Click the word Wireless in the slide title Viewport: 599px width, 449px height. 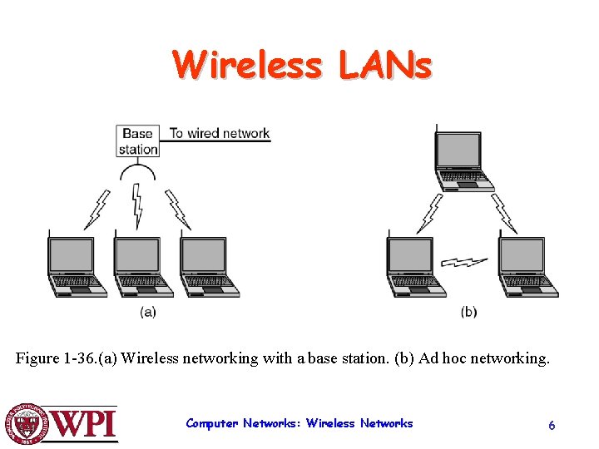(246, 65)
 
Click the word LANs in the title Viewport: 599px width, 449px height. (385, 65)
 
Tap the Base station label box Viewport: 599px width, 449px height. (139, 141)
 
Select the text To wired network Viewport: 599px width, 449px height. (220, 133)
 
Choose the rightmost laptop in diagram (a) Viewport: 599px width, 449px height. (208, 265)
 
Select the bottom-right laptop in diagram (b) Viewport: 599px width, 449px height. (527, 265)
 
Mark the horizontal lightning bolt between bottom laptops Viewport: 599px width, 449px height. (464, 262)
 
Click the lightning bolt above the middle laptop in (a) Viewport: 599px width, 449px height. (138, 205)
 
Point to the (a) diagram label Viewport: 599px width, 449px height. (147, 312)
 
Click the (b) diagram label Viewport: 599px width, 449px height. (469, 312)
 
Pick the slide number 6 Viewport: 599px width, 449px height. (552, 425)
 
